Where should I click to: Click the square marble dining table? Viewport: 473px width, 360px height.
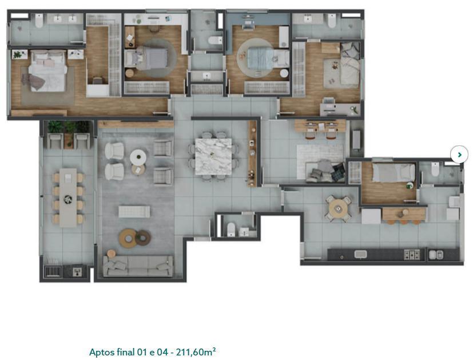(213, 156)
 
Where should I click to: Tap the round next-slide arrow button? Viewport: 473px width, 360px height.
(459, 155)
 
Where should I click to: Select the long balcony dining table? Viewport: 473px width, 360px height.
(68, 197)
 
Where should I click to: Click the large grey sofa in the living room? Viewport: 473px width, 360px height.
(138, 266)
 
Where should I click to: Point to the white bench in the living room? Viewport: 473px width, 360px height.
(134, 212)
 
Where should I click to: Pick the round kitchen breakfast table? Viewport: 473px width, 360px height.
(339, 208)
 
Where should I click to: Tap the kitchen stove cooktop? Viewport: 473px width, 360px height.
(412, 255)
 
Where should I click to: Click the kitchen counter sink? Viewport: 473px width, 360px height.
(360, 254)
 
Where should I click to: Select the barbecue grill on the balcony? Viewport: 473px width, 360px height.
(51, 271)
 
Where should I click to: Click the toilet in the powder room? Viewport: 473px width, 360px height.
(231, 230)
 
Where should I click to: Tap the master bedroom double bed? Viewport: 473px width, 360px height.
(47, 70)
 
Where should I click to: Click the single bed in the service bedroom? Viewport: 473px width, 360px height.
(393, 172)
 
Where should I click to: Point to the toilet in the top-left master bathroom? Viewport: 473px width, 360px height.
(39, 21)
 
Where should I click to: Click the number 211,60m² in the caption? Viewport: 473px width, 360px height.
(196, 352)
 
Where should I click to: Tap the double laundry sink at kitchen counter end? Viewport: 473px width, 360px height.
(436, 255)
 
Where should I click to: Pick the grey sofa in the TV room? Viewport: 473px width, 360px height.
(325, 171)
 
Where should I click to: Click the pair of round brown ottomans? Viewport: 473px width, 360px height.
(135, 237)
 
